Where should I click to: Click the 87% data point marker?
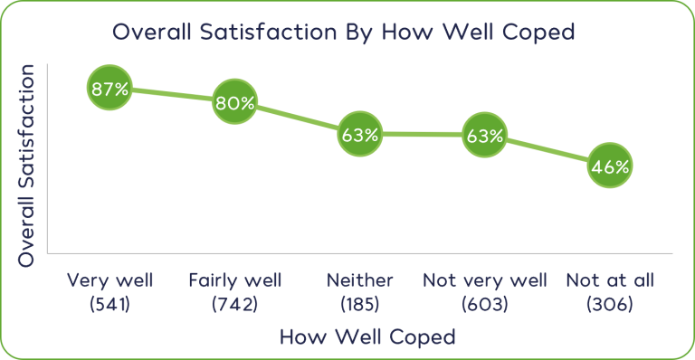[109, 88]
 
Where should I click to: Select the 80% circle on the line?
[234, 102]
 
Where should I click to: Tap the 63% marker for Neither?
[360, 134]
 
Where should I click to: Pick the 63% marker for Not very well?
[484, 135]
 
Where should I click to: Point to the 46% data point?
[610, 166]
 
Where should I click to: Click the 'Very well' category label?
[109, 280]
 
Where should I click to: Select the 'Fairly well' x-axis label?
[235, 280]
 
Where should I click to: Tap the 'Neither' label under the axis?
[360, 280]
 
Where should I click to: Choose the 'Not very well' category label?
[485, 280]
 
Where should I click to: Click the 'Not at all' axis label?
[610, 280]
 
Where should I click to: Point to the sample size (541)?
[109, 304]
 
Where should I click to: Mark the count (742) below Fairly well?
[235, 304]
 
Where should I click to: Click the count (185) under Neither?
[360, 304]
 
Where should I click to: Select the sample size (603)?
[485, 304]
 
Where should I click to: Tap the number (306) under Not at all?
[610, 304]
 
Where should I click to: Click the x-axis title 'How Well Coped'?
[367, 337]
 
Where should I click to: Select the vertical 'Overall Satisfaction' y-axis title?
[26, 166]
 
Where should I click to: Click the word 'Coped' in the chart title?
[538, 33]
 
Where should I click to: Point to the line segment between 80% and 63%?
[297, 118]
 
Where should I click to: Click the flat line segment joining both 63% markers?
[422, 134]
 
